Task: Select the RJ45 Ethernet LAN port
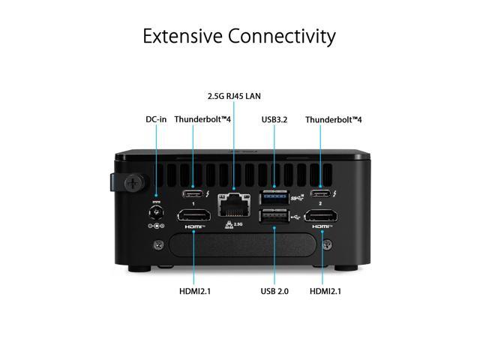click(x=234, y=202)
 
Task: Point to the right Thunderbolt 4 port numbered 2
click(x=322, y=189)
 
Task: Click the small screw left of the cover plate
click(x=159, y=244)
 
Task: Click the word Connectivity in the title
click(x=289, y=35)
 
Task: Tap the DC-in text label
click(x=156, y=118)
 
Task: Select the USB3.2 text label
click(x=274, y=118)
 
